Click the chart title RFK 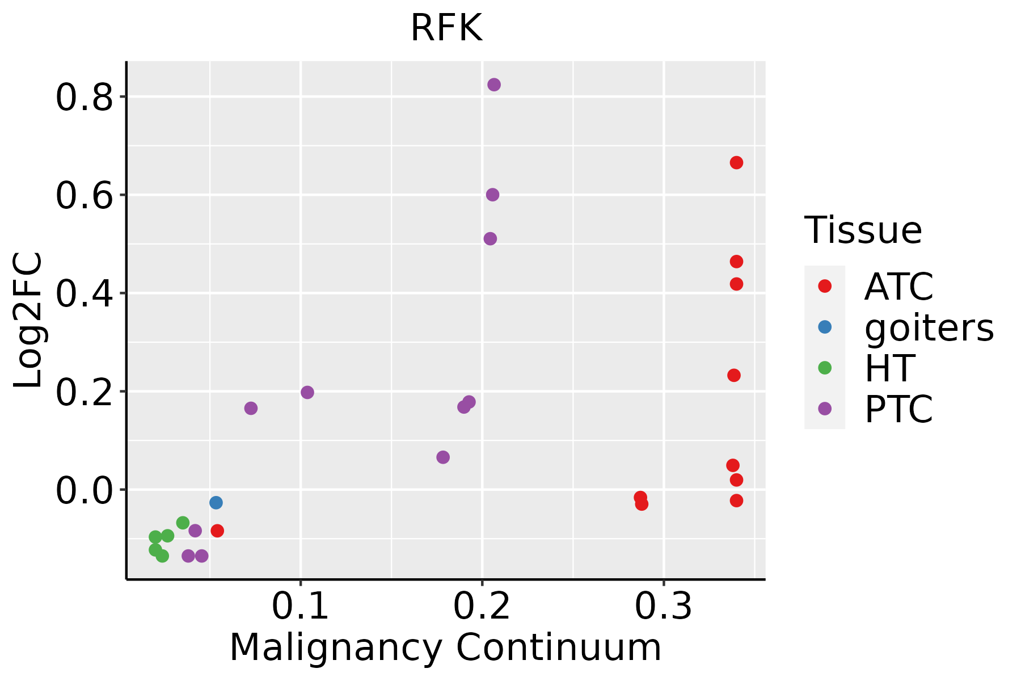tap(446, 27)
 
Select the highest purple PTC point tap(494, 85)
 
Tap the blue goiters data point tap(216, 502)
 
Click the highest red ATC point tap(736, 163)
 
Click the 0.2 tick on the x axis tap(482, 606)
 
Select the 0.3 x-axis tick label tap(663, 606)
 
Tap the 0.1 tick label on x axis tap(300, 606)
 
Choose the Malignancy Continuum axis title tap(445, 648)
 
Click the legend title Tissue tap(863, 230)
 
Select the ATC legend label tap(898, 287)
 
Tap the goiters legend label tap(929, 327)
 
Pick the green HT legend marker tap(825, 368)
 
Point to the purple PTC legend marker tap(825, 409)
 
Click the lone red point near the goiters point tap(217, 531)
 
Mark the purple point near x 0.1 tap(307, 392)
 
